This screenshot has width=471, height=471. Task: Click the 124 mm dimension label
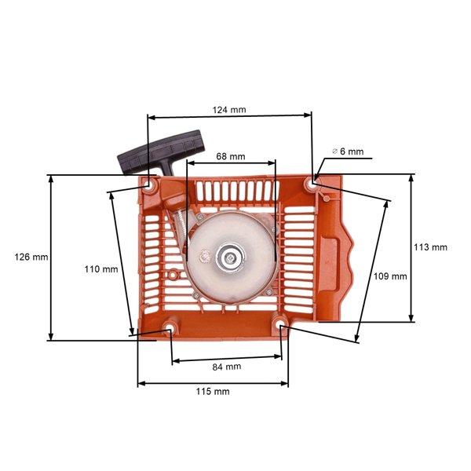pyautogui.click(x=229, y=110)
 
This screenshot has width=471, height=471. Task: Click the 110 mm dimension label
pyautogui.click(x=101, y=269)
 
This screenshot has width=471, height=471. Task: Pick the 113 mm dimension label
pyautogui.click(x=430, y=247)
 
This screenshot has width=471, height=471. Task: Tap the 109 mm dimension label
pyautogui.click(x=390, y=276)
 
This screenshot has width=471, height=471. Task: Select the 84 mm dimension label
pyautogui.click(x=227, y=367)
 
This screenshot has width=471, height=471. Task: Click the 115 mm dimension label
pyautogui.click(x=214, y=391)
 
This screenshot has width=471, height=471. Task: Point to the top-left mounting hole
pyautogui.click(x=148, y=185)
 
